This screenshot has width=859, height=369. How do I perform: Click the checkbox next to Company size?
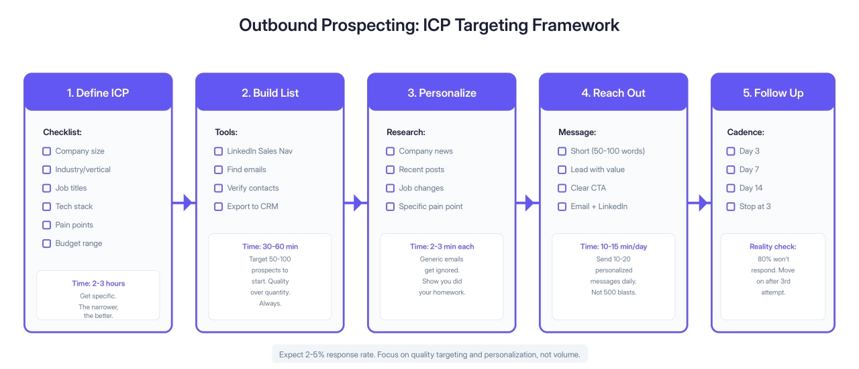(46, 151)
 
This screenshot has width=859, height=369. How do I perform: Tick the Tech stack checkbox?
(46, 206)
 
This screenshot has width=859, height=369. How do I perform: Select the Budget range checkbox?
(46, 243)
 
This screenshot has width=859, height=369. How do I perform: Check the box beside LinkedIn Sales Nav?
(218, 151)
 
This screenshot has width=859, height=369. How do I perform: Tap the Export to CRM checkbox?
(218, 206)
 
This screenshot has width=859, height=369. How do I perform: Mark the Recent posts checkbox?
(390, 169)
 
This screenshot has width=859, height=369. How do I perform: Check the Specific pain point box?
(390, 206)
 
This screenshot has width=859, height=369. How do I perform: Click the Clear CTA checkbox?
(562, 188)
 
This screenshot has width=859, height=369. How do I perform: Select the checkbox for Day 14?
(731, 188)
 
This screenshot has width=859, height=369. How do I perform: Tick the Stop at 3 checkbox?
(731, 206)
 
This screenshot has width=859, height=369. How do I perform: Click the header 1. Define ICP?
(98, 93)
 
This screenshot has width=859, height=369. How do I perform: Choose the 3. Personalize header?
(442, 93)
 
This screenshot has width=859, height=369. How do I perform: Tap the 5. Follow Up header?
(773, 93)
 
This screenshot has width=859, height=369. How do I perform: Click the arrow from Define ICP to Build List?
(184, 202)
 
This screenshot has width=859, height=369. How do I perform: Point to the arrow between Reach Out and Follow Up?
(699, 202)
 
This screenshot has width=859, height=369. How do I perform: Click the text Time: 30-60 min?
(269, 247)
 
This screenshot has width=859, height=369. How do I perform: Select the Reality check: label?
(772, 247)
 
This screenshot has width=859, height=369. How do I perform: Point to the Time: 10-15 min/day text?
(613, 247)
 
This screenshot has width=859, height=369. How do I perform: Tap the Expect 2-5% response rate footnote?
(429, 354)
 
